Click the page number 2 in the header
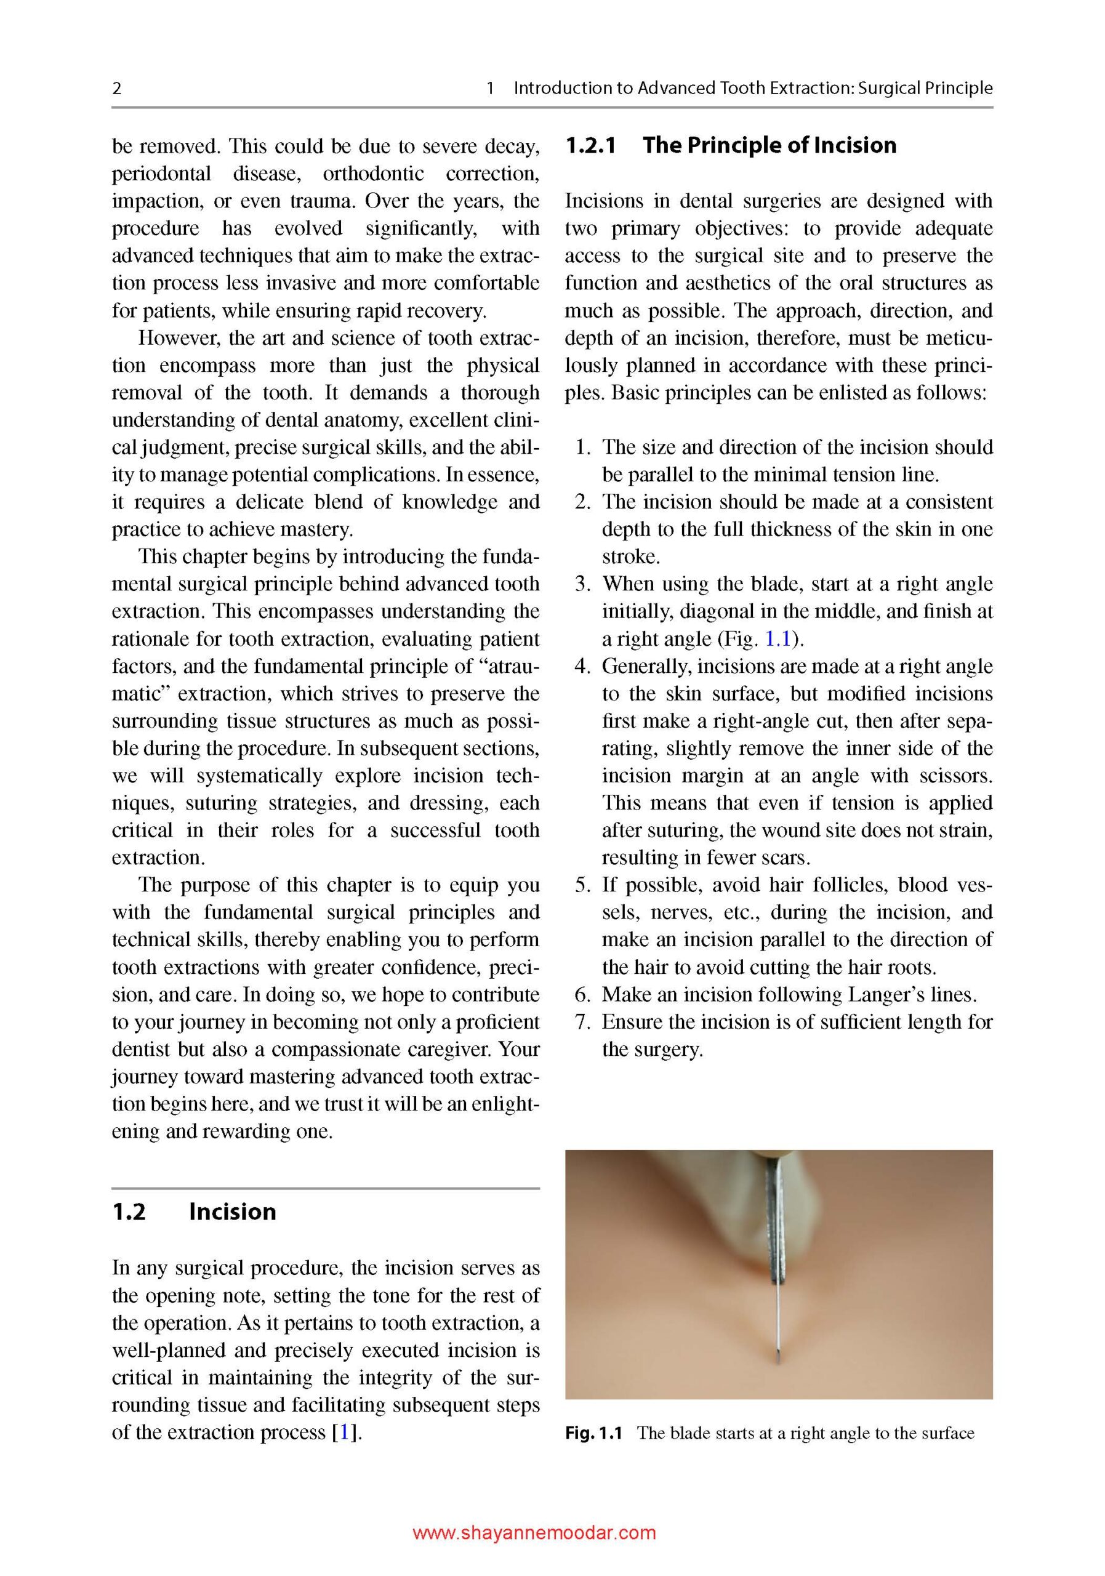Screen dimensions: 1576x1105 [x=117, y=89]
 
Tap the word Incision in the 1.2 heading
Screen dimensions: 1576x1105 [x=232, y=1212]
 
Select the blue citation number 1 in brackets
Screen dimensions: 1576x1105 [x=344, y=1433]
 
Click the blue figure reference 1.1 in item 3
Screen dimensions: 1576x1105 [x=778, y=639]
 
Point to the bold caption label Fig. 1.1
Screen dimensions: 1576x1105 [x=593, y=1433]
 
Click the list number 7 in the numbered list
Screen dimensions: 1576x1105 [x=583, y=1022]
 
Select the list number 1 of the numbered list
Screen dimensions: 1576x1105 [x=583, y=448]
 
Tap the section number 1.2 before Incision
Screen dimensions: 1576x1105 [x=129, y=1212]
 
